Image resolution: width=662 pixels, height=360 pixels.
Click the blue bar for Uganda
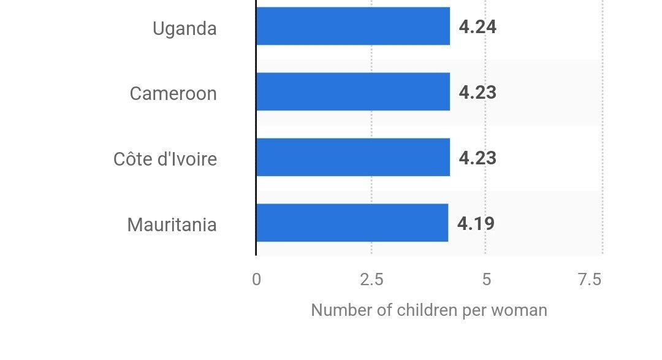click(352, 26)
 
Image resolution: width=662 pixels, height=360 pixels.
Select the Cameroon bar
click(352, 92)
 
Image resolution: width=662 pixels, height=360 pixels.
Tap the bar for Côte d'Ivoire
click(352, 158)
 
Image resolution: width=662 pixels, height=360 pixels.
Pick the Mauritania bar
click(352, 223)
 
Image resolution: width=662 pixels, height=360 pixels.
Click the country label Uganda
click(185, 28)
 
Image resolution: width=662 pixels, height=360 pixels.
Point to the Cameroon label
click(173, 94)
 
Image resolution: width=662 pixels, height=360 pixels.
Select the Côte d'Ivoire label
click(165, 159)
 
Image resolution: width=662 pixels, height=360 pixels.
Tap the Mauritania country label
click(172, 225)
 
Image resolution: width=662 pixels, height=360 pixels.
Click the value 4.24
click(477, 27)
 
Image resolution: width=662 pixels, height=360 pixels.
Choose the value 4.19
click(476, 223)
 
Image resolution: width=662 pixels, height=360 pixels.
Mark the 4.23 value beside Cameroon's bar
click(477, 93)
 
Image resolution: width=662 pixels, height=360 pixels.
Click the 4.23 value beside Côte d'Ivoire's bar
click(477, 158)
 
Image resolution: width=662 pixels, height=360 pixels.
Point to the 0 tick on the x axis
click(256, 280)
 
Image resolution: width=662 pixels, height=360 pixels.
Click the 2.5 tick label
click(371, 280)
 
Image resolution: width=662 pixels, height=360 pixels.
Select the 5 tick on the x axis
click(486, 280)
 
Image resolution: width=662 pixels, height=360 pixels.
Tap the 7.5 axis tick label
click(590, 280)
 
